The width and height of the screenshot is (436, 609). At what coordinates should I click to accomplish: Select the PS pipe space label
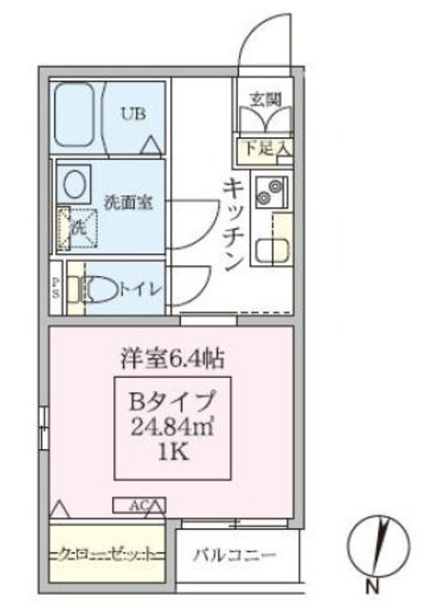point(55,288)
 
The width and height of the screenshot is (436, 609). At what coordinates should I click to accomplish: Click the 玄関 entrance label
point(264,99)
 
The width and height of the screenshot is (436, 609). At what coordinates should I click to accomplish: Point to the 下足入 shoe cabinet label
point(264,147)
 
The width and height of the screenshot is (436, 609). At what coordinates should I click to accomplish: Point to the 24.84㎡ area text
point(172,424)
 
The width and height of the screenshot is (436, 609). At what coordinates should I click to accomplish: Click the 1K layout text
point(172,453)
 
